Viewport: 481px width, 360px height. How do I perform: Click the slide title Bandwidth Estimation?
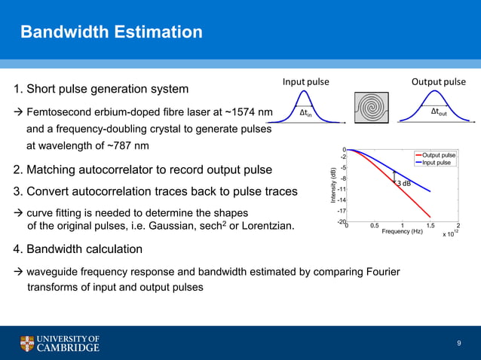[111, 32]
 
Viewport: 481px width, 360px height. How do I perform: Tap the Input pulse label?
[305, 81]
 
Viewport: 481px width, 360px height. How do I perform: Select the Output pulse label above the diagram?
[438, 81]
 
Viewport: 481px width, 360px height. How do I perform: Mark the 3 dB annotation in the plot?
[405, 184]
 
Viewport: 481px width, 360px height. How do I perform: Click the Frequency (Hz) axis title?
[401, 232]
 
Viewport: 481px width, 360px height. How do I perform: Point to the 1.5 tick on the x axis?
[430, 225]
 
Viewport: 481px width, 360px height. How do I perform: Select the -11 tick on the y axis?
[342, 189]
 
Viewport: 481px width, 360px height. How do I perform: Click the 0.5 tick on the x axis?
[374, 225]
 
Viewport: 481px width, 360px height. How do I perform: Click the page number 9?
[458, 343]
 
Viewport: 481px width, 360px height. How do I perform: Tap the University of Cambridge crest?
[27, 344]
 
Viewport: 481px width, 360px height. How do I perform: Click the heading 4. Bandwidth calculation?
[78, 249]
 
